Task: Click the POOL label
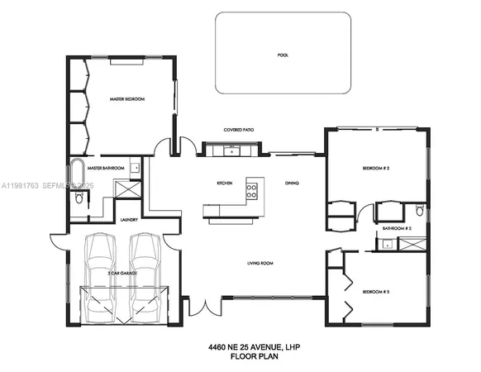(x=283, y=55)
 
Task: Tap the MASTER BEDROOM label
(x=127, y=99)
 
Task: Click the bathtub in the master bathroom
(x=77, y=173)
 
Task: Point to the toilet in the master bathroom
(x=78, y=198)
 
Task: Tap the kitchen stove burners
(x=252, y=190)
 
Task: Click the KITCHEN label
(x=224, y=183)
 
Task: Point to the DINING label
(x=292, y=183)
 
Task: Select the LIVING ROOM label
(x=260, y=264)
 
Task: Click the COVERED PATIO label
(x=238, y=130)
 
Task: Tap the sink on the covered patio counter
(x=234, y=150)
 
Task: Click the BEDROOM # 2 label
(x=375, y=168)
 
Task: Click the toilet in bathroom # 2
(x=419, y=212)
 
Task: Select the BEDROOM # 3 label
(x=375, y=291)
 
